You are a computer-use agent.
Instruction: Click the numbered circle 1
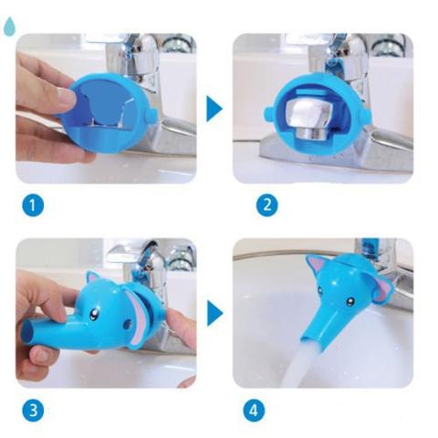tap(33, 205)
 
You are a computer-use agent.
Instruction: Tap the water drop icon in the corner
tap(8, 27)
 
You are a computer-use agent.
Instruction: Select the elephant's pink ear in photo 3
tap(137, 315)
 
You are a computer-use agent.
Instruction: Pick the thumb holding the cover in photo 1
tap(64, 96)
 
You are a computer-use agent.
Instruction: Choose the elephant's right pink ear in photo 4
tap(383, 287)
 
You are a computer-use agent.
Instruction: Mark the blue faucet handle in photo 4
tap(370, 246)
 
